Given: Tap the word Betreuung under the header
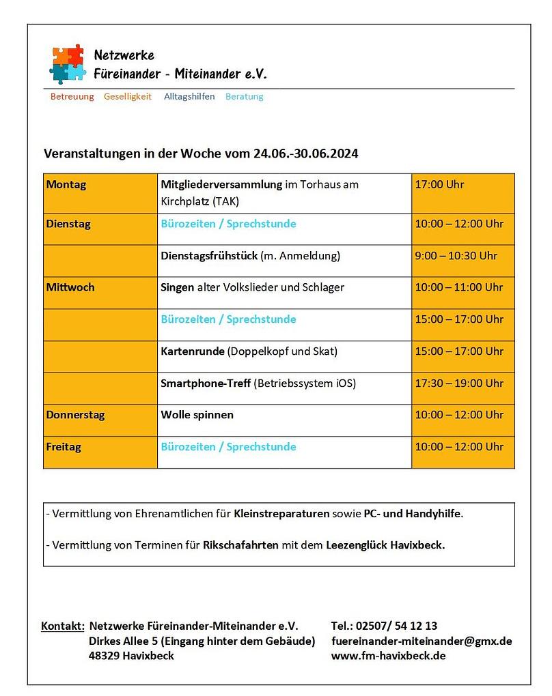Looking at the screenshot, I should pyautogui.click(x=72, y=97).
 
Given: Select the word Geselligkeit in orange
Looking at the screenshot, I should pyautogui.click(x=128, y=97).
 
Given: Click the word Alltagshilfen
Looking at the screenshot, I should pyautogui.click(x=189, y=97).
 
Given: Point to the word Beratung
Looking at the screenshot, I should pyautogui.click(x=244, y=97).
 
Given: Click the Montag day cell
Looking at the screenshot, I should pyautogui.click(x=66, y=185).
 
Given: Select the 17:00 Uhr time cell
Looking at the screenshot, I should pyautogui.click(x=439, y=185).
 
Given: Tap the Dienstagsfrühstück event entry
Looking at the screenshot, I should pyautogui.click(x=250, y=256).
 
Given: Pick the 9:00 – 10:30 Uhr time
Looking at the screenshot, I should pyautogui.click(x=456, y=256).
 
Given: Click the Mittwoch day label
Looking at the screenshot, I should pyautogui.click(x=70, y=287).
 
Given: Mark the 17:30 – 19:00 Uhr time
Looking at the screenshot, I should pyautogui.click(x=458, y=383).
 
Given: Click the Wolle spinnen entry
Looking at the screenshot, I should pyautogui.click(x=197, y=415).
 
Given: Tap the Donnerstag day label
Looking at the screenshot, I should pyautogui.click(x=75, y=415).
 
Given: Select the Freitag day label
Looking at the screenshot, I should pyautogui.click(x=64, y=447).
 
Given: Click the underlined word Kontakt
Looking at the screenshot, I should pyautogui.click(x=63, y=626).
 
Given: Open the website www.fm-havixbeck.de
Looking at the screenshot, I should pyautogui.click(x=388, y=656).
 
